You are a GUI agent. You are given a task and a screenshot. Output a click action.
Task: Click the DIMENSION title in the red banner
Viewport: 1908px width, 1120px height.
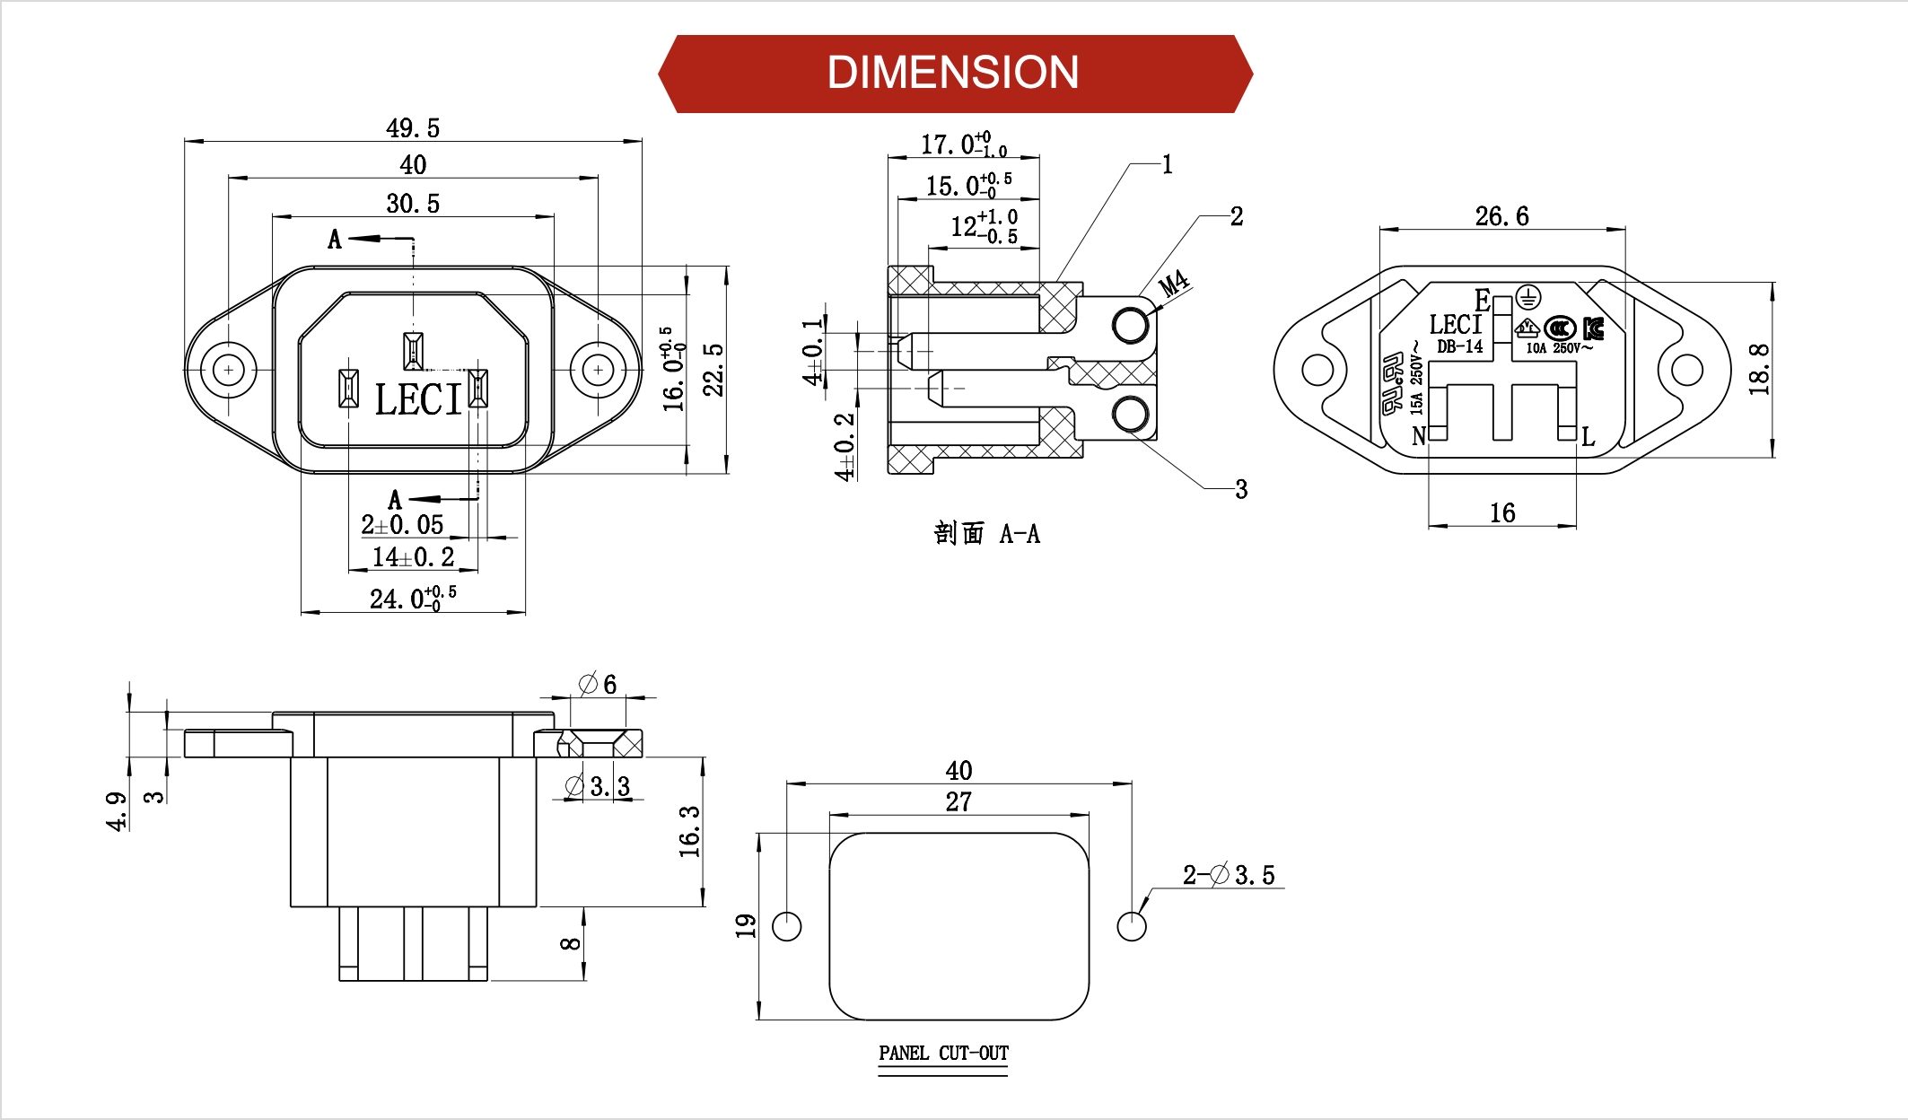tap(953, 73)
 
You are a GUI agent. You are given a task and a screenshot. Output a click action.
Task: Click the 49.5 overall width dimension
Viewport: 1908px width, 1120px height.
tap(413, 128)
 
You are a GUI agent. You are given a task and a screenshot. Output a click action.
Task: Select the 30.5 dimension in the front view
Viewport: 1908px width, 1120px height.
tap(413, 204)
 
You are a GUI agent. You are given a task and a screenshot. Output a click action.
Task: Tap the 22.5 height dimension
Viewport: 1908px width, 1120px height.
tap(713, 369)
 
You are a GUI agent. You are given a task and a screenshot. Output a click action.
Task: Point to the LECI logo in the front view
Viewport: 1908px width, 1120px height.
tap(417, 399)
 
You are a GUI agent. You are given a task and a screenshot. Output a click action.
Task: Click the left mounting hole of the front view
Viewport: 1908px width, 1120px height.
tap(229, 370)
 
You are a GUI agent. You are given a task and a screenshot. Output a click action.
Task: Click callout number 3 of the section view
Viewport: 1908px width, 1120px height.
tap(1241, 489)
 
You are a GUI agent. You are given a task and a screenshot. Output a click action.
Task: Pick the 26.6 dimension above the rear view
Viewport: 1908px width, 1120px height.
tap(1501, 216)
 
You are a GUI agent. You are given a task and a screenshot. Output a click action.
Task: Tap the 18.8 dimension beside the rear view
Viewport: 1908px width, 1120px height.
tap(1759, 369)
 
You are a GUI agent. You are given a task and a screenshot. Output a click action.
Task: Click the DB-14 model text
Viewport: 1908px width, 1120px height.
tap(1460, 346)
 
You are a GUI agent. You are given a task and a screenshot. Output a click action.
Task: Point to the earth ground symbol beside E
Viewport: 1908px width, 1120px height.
tap(1528, 297)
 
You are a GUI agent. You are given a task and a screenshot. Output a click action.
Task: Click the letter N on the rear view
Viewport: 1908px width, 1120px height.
tap(1418, 436)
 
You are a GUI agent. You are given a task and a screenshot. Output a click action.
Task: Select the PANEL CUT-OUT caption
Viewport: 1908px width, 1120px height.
tap(943, 1053)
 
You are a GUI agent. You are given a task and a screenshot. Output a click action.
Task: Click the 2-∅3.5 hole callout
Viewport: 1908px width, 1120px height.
tap(1228, 875)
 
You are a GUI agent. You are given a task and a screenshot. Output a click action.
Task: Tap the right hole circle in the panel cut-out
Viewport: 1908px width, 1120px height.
tap(1132, 926)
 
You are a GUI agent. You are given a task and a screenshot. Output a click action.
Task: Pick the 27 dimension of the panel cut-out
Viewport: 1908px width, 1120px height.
tap(958, 801)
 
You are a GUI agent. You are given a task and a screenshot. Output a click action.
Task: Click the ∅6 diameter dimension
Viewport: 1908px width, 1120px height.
tap(598, 685)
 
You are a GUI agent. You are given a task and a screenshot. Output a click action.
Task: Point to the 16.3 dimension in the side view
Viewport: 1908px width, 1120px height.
tap(689, 831)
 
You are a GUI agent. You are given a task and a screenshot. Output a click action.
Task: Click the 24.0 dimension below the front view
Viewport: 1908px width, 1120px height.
tap(412, 598)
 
